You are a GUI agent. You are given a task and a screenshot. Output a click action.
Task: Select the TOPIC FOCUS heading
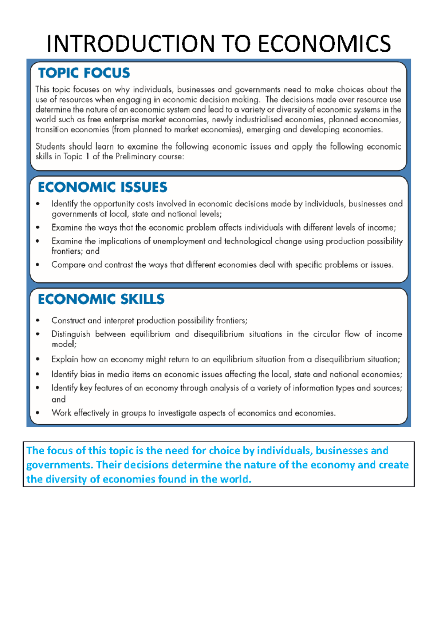tap(84, 73)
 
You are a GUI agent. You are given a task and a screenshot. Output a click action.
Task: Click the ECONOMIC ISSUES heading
tap(102, 187)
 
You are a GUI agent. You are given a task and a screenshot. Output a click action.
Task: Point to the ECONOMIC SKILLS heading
tap(101, 299)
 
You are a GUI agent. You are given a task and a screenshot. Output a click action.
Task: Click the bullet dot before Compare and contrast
tap(38, 265)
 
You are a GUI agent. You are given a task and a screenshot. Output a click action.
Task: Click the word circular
tap(327, 334)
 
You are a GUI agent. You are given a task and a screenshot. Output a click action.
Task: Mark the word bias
tap(88, 374)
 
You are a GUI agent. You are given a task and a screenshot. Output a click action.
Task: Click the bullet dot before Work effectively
tap(38, 413)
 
